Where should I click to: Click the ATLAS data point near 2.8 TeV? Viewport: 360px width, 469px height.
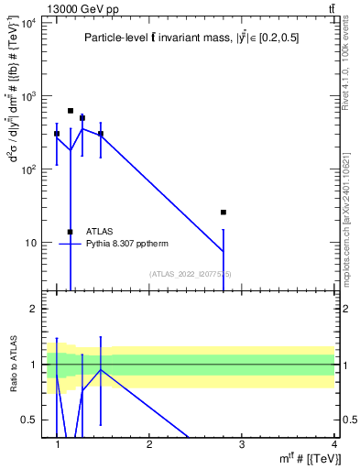(224, 213)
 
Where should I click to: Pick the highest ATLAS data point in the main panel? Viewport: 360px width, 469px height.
(71, 111)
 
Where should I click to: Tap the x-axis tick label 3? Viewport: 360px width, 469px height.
(242, 444)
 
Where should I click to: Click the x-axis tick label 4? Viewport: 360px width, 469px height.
(333, 444)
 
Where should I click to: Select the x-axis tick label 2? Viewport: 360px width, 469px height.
(150, 444)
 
